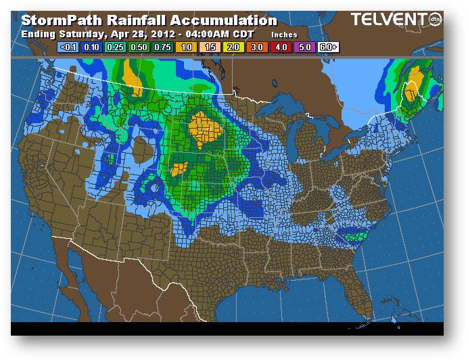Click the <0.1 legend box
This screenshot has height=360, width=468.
(x=69, y=47)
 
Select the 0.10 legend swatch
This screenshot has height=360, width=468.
(x=92, y=47)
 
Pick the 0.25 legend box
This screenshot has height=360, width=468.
(x=116, y=47)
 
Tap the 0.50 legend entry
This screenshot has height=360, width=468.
(x=139, y=47)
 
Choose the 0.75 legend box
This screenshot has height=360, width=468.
(x=163, y=47)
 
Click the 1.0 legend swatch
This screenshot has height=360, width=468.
(x=187, y=47)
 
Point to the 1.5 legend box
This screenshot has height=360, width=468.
(x=210, y=47)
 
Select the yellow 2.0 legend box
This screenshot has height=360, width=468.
(x=234, y=47)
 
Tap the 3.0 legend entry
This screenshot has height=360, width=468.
(x=258, y=47)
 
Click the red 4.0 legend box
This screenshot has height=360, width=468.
(x=281, y=47)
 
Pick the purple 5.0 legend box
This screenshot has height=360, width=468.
(x=305, y=47)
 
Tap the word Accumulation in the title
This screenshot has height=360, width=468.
(x=223, y=21)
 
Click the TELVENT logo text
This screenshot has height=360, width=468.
(x=385, y=21)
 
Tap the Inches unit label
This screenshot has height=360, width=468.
(x=284, y=34)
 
